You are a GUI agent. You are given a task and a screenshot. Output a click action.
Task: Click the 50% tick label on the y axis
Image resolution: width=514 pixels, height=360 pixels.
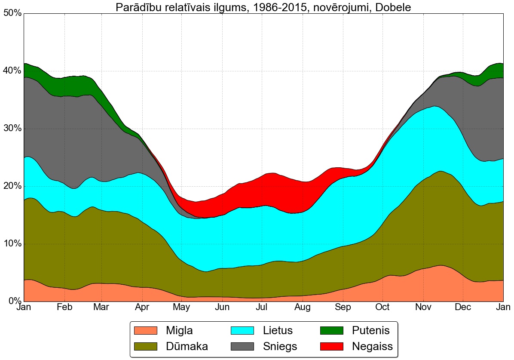[12, 13]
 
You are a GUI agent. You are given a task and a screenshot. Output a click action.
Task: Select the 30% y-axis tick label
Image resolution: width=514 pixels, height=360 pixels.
[12, 129]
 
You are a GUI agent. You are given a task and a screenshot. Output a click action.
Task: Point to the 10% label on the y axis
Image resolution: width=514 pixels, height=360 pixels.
[12, 244]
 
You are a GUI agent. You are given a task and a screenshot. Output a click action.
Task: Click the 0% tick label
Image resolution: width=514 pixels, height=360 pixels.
[15, 301]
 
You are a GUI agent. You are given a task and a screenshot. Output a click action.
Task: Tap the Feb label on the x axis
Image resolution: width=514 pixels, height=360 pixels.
[64, 308]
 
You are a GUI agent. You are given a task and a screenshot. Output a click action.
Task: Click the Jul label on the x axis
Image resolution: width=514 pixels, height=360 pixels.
[262, 308]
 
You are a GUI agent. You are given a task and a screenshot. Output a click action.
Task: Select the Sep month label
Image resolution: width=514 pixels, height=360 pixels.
[343, 308]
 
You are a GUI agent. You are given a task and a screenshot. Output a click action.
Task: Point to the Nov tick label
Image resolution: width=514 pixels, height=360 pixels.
[423, 308]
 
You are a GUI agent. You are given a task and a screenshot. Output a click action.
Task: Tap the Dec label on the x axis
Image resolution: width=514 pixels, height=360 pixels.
[462, 308]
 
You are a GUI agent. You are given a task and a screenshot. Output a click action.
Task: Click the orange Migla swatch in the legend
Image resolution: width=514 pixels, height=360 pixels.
[146, 330]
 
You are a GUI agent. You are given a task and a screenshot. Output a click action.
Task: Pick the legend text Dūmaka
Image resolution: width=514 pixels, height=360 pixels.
[187, 346]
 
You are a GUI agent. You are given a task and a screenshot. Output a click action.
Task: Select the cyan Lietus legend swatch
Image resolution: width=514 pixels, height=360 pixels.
[243, 330]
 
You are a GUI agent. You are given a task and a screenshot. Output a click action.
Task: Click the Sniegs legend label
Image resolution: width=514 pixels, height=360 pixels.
[280, 346]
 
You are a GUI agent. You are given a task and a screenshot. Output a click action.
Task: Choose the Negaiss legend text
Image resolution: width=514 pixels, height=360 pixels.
[372, 346]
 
